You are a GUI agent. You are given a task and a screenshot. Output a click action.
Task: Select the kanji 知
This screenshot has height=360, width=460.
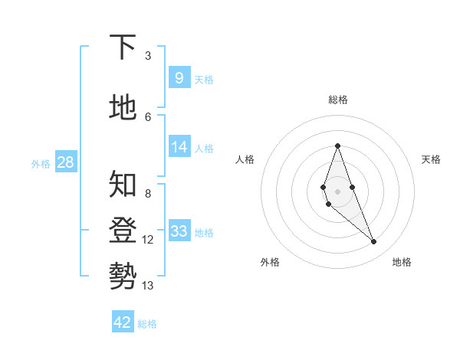tap(123, 184)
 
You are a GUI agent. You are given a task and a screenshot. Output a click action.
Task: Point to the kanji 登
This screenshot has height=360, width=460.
tap(123, 231)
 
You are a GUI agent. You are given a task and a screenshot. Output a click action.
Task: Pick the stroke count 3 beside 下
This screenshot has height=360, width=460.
tap(148, 55)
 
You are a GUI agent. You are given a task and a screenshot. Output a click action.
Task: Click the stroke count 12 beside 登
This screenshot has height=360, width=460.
tap(148, 240)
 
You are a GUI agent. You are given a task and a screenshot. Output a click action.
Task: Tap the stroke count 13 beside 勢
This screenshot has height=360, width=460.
tap(148, 286)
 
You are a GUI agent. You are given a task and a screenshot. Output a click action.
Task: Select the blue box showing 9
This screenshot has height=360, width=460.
tap(179, 77)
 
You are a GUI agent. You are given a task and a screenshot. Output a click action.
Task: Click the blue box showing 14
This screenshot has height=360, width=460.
tap(179, 147)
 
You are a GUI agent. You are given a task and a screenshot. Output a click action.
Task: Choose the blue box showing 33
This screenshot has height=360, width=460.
tap(179, 231)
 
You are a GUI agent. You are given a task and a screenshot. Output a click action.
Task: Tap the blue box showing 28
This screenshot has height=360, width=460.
tap(65, 162)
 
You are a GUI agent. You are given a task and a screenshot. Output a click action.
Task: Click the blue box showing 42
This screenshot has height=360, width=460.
tap(123, 322)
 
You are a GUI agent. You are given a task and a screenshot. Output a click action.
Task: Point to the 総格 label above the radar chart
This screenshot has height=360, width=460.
tap(337, 100)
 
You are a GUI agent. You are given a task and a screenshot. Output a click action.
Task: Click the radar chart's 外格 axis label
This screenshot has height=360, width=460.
tap(270, 262)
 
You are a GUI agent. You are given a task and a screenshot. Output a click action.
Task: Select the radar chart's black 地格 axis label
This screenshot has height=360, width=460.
tap(402, 262)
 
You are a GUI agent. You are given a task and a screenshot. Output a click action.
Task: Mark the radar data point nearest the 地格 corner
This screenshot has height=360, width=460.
tap(374, 242)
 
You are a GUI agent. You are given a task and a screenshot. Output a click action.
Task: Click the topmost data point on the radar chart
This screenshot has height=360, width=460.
tap(337, 146)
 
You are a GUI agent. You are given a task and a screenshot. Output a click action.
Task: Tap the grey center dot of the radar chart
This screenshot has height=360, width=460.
tap(337, 191)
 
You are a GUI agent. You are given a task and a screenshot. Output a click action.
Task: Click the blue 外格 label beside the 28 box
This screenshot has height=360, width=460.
tap(41, 163)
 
